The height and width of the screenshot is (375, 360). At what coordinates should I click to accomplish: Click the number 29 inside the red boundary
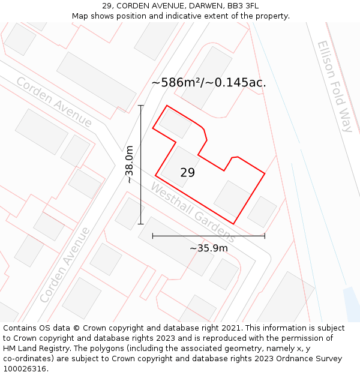[x=187, y=173]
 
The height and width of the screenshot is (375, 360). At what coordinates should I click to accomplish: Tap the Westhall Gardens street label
[x=193, y=212]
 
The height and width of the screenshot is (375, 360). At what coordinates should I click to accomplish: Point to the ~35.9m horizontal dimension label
[x=209, y=248]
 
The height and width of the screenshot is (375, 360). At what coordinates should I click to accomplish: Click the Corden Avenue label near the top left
[x=54, y=102]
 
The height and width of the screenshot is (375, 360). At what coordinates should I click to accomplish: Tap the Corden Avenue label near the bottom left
[x=65, y=265]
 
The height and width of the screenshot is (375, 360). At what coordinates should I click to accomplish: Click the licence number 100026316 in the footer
[x=23, y=369]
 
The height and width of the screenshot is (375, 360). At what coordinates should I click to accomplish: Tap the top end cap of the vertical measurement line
[x=141, y=106]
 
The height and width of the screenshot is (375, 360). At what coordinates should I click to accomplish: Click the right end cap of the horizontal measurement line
[x=265, y=236]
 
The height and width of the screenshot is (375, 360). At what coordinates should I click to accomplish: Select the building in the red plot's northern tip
[x=175, y=123]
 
